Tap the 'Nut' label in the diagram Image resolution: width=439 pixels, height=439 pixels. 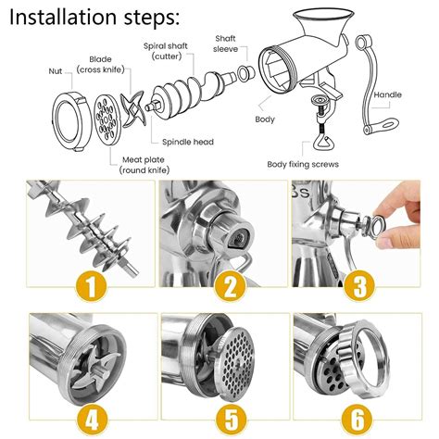pyautogui.click(x=56, y=69)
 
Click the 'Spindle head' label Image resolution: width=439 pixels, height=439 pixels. pyautogui.click(x=188, y=142)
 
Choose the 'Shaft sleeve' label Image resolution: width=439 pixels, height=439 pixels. pyautogui.click(x=227, y=44)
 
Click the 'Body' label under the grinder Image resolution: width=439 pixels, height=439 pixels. pyautogui.click(x=265, y=119)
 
